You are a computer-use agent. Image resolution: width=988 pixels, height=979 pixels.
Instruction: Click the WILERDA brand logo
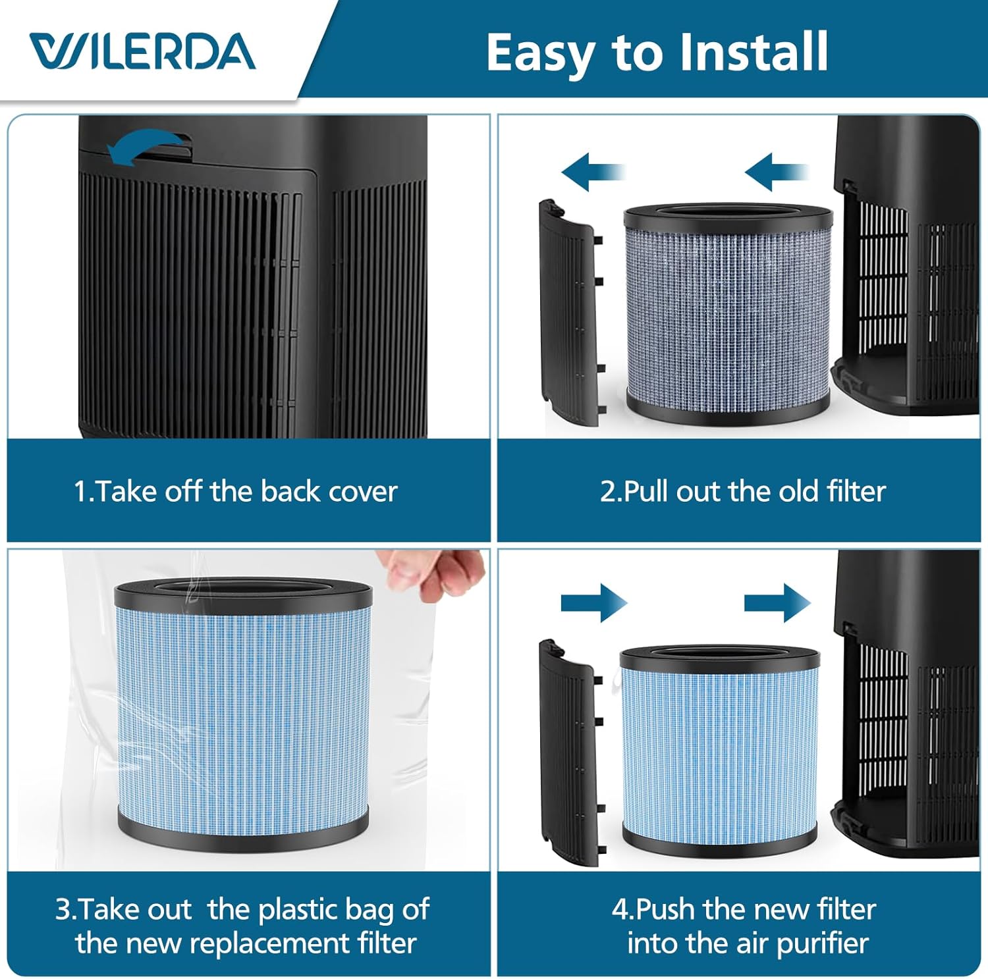(x=142, y=52)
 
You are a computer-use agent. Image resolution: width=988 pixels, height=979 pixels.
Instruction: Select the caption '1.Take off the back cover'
(x=235, y=491)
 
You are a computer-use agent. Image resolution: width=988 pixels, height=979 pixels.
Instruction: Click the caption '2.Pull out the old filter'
(x=742, y=491)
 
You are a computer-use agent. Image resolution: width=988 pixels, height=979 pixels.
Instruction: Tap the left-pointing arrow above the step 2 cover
(x=591, y=172)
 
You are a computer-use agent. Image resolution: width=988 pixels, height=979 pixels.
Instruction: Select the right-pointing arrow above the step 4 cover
(x=593, y=603)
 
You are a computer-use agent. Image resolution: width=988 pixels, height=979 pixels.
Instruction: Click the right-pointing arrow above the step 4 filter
(x=777, y=603)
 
